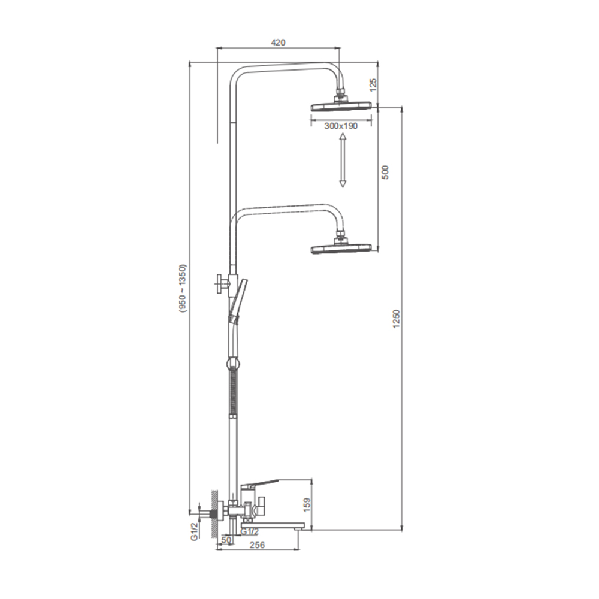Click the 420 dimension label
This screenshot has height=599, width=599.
(278, 43)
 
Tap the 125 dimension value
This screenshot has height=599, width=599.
(373, 85)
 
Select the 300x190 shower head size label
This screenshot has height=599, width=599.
(341, 126)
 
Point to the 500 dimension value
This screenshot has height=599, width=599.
(385, 173)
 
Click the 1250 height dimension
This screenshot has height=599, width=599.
(396, 319)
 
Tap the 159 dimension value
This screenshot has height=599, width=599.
(307, 504)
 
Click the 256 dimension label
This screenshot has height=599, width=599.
(257, 545)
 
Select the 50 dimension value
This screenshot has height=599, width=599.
(226, 540)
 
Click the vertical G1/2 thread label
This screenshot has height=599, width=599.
(195, 531)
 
